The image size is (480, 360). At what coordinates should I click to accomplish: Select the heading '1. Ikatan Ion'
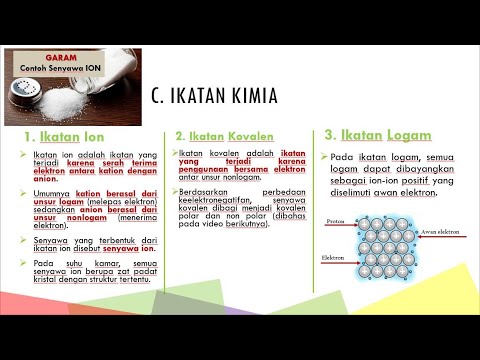[x=64, y=135]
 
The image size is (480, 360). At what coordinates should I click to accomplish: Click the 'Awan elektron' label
[x=436, y=231]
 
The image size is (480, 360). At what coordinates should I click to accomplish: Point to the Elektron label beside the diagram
[x=334, y=257]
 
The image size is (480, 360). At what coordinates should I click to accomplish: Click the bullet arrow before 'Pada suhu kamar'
[x=23, y=262]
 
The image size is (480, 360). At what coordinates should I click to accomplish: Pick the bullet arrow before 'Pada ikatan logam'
[x=325, y=158]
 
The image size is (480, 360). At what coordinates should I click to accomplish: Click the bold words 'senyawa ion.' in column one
[x=103, y=245]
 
